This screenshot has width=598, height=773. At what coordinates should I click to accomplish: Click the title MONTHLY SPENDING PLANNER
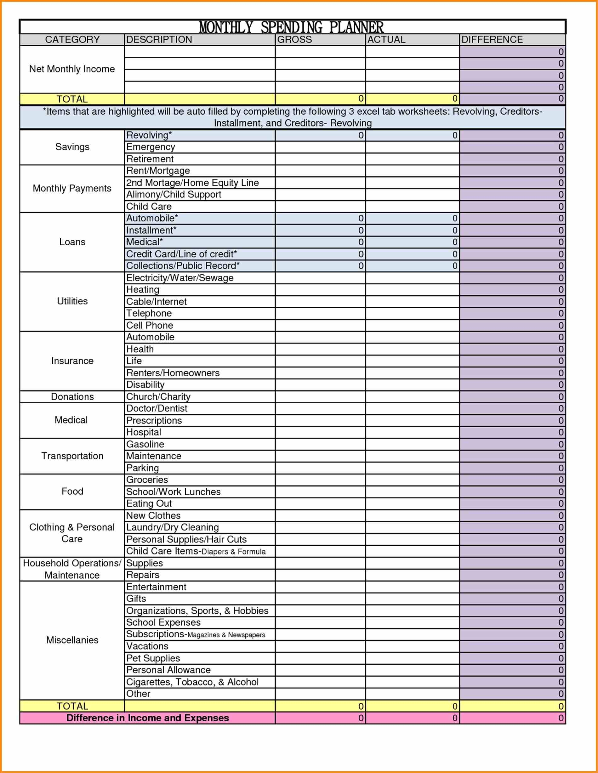point(291,27)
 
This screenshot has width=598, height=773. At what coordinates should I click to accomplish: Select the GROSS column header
point(294,40)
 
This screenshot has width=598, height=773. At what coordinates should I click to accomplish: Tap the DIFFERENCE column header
point(492,40)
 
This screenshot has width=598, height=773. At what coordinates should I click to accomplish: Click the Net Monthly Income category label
point(72,69)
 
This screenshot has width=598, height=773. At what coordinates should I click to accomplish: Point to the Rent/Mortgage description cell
point(158,171)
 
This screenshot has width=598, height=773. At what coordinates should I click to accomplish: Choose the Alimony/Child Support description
point(174,194)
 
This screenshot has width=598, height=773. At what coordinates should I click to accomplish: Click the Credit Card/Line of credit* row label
point(182,254)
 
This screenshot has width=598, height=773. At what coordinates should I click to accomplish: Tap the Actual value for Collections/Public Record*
point(412,266)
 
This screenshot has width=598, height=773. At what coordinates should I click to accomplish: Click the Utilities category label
point(72,301)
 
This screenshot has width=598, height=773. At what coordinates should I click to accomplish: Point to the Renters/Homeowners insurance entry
point(173,373)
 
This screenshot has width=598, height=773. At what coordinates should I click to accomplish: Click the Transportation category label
point(72,456)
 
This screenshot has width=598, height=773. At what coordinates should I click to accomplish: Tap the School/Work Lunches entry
point(174,492)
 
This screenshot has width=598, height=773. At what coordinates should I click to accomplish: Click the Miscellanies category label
point(72,640)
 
